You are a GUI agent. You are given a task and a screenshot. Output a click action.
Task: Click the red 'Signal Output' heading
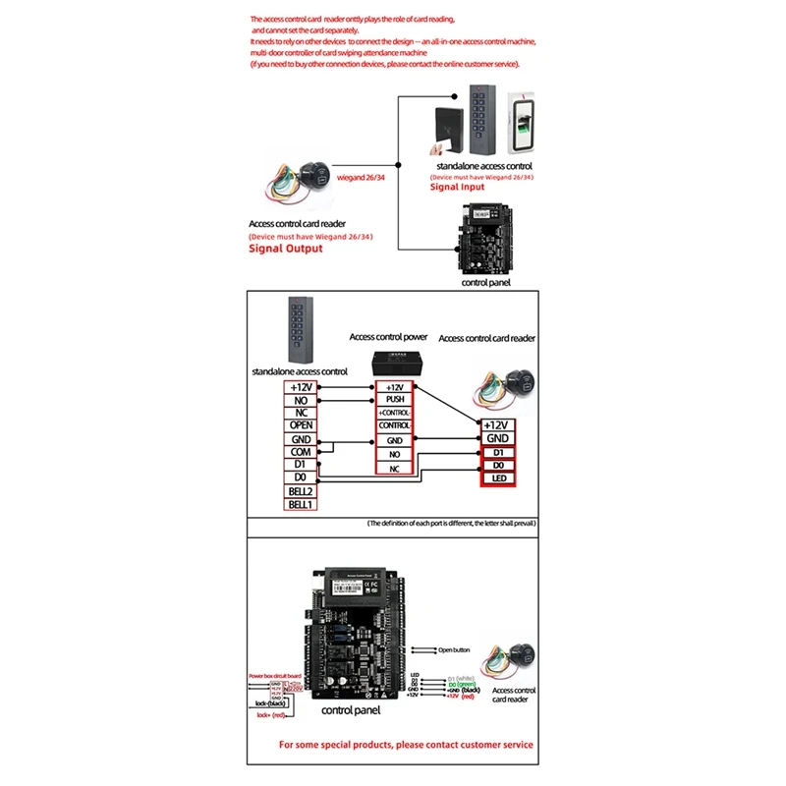click(285, 249)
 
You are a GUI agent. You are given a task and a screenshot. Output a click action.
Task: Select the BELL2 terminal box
click(301, 490)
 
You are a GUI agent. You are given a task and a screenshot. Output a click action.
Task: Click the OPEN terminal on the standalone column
click(301, 425)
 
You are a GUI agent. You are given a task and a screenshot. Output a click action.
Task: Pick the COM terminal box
click(301, 452)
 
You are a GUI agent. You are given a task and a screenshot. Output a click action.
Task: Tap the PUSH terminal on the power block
click(394, 400)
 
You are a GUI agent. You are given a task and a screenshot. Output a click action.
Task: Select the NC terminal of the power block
click(394, 470)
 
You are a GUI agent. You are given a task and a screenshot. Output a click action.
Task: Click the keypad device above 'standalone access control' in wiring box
click(301, 330)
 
